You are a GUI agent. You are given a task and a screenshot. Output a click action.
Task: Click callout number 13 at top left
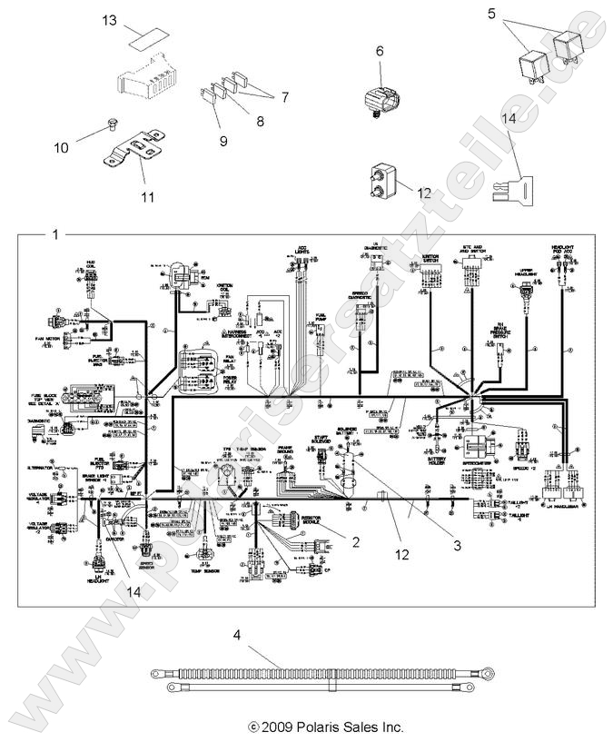pos(134,19)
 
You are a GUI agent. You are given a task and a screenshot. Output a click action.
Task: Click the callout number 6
pos(380,52)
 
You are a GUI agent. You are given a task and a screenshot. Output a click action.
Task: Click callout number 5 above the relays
pos(517,14)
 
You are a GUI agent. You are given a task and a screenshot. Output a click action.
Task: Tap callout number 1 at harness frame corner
pos(56,233)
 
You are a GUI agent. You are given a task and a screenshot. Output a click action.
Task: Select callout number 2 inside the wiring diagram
pos(357,542)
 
